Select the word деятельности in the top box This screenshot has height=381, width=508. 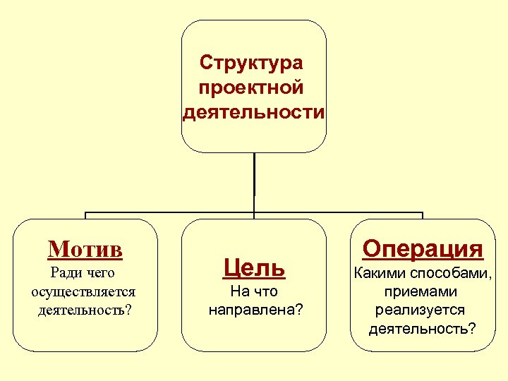tap(254, 113)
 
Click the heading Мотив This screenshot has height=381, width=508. tap(85, 249)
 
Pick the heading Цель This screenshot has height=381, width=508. tap(254, 267)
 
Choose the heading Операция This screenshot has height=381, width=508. tap(423, 248)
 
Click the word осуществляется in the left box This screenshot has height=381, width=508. tap(84, 291)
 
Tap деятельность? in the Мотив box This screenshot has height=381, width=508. tap(85, 310)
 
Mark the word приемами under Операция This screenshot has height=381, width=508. tap(421, 292)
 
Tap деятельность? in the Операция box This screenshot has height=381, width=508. tap(422, 329)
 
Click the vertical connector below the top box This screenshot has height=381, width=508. tap(254, 182)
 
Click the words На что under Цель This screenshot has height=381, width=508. tap(254, 291)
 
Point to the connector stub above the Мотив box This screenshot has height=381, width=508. tap(85, 215)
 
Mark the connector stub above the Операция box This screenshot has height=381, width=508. tap(422, 215)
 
